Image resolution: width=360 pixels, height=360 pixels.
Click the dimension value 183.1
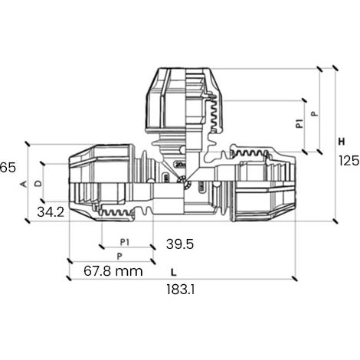181,290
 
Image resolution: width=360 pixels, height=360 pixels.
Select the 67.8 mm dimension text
113,271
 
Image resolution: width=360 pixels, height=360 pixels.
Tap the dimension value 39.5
180,244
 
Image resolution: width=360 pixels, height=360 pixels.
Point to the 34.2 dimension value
51,212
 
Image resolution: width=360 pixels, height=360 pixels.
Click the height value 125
349,161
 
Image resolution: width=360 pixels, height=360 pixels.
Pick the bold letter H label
342,142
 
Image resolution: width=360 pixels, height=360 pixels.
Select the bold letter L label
174,273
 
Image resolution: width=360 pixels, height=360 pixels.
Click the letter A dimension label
24,184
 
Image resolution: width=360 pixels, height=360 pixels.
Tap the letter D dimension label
38,183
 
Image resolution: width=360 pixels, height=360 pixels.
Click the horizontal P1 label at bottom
125,242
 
